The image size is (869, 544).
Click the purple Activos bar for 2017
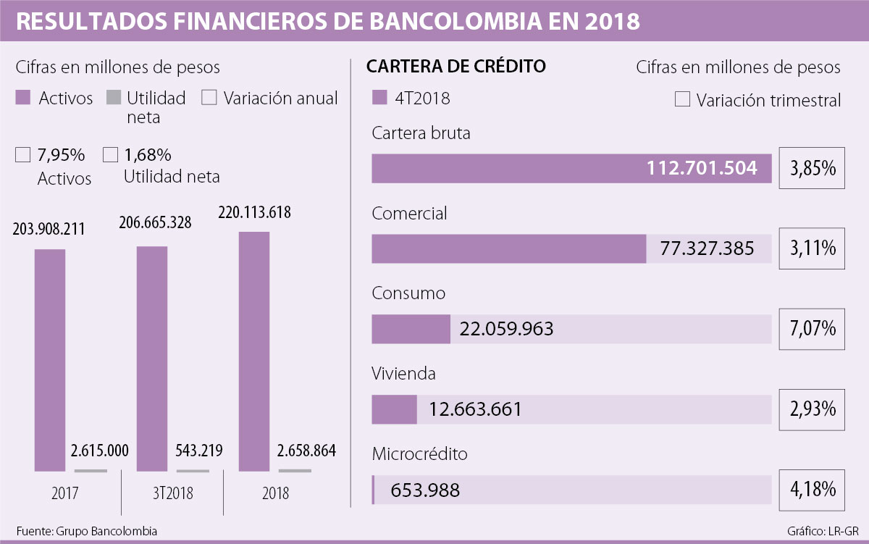(50, 361)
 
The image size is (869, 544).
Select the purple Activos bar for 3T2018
(152, 359)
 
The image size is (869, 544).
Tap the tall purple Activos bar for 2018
(254, 352)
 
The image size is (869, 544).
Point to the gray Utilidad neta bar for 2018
(295, 470)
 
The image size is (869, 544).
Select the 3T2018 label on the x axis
(172, 493)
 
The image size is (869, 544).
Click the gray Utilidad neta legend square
(114, 98)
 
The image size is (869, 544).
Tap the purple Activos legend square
(23, 98)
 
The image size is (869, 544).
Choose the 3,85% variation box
(812, 169)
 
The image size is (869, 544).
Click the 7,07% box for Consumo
(812, 329)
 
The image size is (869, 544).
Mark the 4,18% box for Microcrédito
(812, 490)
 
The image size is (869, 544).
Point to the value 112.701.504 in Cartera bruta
(702, 169)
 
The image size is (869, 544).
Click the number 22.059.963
(506, 329)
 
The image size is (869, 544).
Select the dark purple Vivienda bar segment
(394, 409)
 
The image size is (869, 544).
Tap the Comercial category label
(409, 214)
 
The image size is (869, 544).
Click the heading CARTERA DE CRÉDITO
(456, 67)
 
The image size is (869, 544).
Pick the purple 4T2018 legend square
(379, 98)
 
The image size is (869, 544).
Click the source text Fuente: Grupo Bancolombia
(86, 530)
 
